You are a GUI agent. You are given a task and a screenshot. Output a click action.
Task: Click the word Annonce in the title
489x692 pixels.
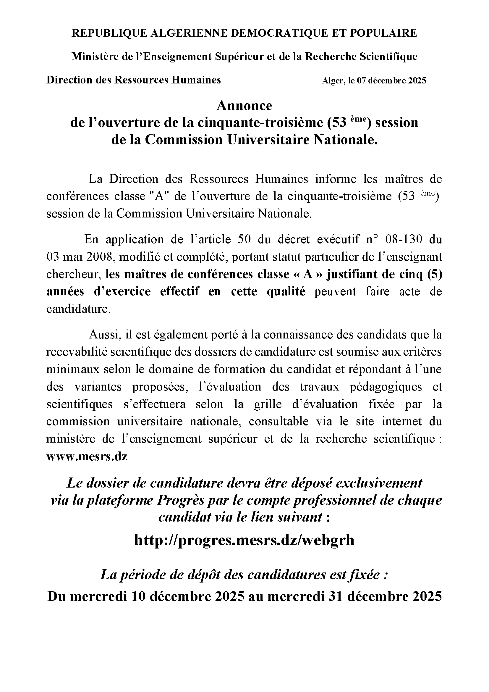point(244,106)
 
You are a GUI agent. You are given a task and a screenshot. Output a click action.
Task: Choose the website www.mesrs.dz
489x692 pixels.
point(87,457)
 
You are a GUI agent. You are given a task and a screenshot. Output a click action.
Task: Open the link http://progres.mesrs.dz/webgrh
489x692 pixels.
point(244,540)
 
